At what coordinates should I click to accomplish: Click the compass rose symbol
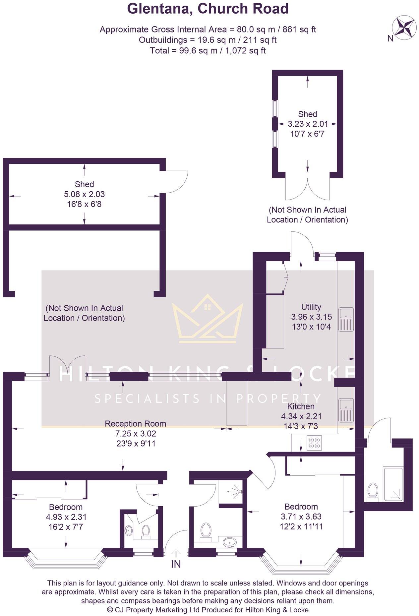click(404, 27)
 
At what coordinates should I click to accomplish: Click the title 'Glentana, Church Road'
click(208, 9)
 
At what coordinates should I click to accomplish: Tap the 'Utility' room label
click(311, 307)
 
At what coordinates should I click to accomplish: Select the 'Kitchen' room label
click(301, 406)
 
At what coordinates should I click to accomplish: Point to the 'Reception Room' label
click(135, 423)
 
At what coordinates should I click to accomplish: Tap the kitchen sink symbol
click(346, 409)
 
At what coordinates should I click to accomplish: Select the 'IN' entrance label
click(176, 564)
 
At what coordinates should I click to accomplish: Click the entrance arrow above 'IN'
click(176, 553)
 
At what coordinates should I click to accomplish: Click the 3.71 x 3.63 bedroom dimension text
click(301, 517)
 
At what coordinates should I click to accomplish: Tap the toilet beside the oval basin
click(206, 531)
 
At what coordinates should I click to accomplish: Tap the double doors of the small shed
click(308, 189)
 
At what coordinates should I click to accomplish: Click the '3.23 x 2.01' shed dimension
click(307, 124)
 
